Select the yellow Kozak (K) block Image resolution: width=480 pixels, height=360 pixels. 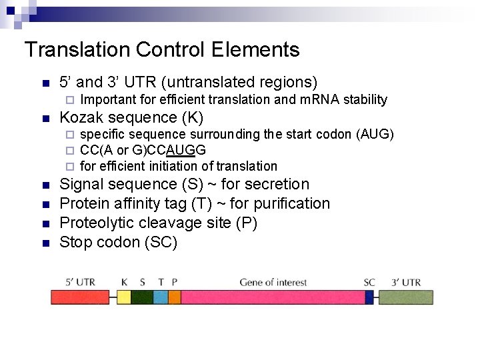pos(124,297)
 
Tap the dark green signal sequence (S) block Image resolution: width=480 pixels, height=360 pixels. pos(142,297)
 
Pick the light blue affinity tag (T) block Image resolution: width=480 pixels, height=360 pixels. pos(161,297)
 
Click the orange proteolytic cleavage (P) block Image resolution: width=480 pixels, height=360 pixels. pos(175,297)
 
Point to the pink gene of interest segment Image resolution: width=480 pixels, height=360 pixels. pos(273,297)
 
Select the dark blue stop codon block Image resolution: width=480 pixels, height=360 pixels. pos(369,297)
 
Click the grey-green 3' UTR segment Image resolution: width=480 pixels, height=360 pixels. pos(403,297)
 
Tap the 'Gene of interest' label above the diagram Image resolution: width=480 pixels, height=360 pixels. pos(273,282)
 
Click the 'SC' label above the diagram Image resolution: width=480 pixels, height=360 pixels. pos(369,282)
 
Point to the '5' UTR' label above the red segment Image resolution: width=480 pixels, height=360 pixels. pos(81,282)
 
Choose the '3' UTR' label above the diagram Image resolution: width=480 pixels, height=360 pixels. pos(407,282)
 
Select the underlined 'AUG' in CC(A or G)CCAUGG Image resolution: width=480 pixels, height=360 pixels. pos(178,150)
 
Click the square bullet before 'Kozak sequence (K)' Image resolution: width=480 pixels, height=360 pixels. pos(45,119)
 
